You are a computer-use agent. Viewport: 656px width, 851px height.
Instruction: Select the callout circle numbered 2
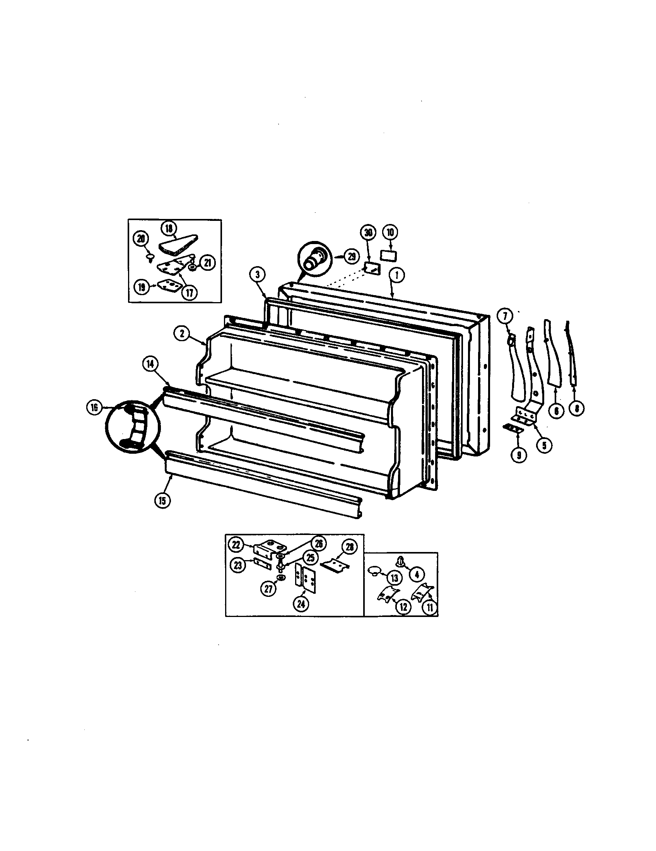pyautogui.click(x=182, y=333)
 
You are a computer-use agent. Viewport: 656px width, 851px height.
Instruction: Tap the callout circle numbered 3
pyautogui.click(x=257, y=274)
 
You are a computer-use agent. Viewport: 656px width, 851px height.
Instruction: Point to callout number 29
pyautogui.click(x=352, y=256)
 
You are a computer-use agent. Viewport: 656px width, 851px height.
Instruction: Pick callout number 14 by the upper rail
pyautogui.click(x=150, y=364)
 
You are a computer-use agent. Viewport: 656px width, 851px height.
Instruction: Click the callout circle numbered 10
pyautogui.click(x=390, y=232)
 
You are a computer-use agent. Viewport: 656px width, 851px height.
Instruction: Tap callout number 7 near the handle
pyautogui.click(x=505, y=316)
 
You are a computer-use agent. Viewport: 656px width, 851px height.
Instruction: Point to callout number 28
pyautogui.click(x=349, y=547)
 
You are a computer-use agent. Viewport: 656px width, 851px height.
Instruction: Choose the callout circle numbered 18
pyautogui.click(x=169, y=228)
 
